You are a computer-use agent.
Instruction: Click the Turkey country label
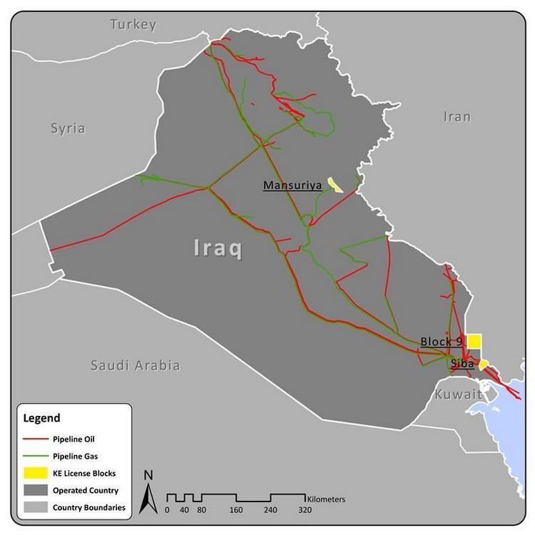click(x=133, y=25)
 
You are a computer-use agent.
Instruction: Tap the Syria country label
click(x=68, y=129)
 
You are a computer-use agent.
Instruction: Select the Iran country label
click(x=457, y=116)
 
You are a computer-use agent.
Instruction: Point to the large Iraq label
click(x=219, y=248)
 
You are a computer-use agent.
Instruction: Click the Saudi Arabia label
click(x=135, y=366)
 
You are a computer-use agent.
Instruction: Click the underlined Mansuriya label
click(x=292, y=186)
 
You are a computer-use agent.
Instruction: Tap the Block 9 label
click(x=442, y=341)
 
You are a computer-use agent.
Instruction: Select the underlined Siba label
click(x=462, y=364)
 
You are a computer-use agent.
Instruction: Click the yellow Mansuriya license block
click(x=333, y=185)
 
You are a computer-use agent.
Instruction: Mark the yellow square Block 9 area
click(x=474, y=342)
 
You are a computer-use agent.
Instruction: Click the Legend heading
click(x=42, y=418)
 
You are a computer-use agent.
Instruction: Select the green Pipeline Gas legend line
click(x=37, y=455)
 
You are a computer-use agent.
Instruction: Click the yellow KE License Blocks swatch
click(x=37, y=473)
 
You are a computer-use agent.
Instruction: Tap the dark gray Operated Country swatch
click(x=37, y=491)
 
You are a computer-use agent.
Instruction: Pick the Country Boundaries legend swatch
click(x=37, y=508)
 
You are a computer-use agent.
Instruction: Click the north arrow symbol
click(x=148, y=494)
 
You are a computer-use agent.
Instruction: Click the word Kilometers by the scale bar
click(x=326, y=498)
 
